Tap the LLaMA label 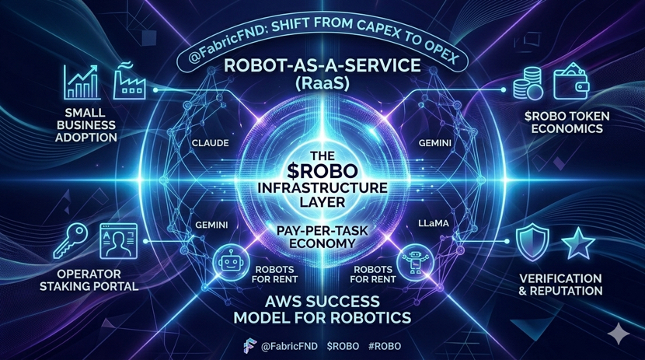point(434,224)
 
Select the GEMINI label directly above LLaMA point(433,144)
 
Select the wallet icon point(570,82)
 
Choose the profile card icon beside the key point(118,242)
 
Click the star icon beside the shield point(578,243)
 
